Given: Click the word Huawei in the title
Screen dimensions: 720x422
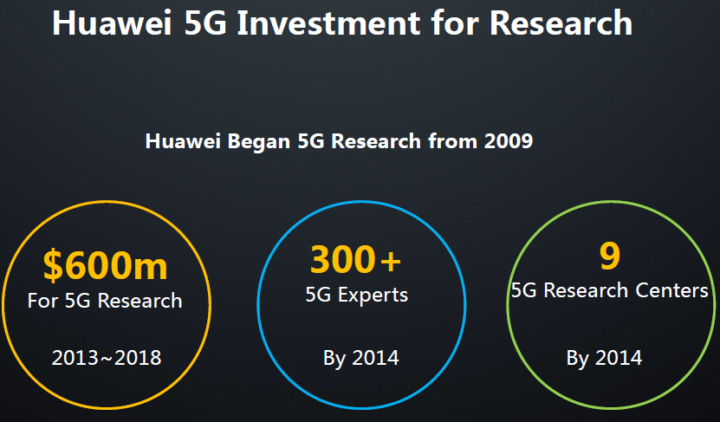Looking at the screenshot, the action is [112, 23].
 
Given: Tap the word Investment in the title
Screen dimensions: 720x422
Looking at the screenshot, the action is [328, 23].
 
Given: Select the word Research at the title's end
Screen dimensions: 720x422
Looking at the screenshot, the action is [561, 23].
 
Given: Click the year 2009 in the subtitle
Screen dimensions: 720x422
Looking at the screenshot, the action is [509, 141].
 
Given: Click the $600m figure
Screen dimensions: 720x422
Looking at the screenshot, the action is [105, 265].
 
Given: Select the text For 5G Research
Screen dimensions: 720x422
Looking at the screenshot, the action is [105, 301].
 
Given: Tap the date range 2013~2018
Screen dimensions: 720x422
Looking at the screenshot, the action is [107, 358].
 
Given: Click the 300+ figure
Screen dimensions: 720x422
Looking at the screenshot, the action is [355, 260].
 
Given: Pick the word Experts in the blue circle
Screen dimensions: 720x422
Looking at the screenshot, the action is [373, 295].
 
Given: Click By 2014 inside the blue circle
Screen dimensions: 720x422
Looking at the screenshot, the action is [361, 358].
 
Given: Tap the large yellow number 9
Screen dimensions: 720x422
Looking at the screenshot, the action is [610, 256].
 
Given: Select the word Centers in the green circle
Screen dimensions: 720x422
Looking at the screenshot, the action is [671, 290].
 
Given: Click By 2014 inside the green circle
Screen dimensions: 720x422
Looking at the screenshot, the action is [604, 358].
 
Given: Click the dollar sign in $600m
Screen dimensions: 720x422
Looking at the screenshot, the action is [53, 266].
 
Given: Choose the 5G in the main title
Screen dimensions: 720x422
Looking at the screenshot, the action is [205, 23].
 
